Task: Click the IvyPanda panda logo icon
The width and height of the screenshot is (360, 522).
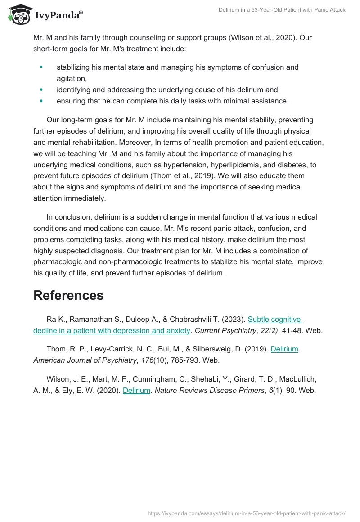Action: point(18,15)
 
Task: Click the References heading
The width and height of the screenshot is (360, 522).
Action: point(68,295)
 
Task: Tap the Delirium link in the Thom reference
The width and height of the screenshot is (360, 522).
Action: point(284,349)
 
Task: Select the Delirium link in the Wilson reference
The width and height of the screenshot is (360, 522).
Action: point(136,391)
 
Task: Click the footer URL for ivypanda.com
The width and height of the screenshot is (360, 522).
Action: point(247,513)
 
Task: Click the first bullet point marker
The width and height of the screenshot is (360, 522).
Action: point(41,67)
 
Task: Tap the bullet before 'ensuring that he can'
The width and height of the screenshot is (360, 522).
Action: point(41,101)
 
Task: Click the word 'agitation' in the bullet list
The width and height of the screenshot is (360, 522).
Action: point(71,78)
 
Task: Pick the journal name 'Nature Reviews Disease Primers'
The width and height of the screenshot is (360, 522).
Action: point(209,391)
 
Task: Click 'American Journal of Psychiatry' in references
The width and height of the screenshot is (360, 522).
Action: point(85,360)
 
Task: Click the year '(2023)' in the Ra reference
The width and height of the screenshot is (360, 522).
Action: point(233,319)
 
